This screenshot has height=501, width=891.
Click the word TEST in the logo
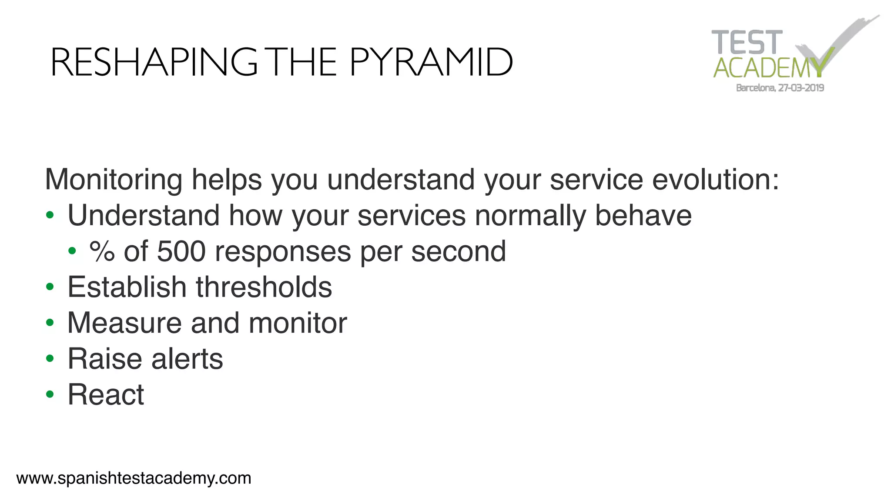pyautogui.click(x=747, y=43)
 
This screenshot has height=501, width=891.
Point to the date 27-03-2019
pyautogui.click(x=801, y=88)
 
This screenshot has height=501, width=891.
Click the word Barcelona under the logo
pyautogui.click(x=756, y=88)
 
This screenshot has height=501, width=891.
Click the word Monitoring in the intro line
pyautogui.click(x=114, y=179)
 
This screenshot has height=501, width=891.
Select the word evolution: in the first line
pyautogui.click(x=715, y=179)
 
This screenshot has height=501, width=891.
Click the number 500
pyautogui.click(x=181, y=251)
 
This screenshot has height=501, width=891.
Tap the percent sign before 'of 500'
pyautogui.click(x=102, y=251)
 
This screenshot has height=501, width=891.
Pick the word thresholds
pyautogui.click(x=264, y=287)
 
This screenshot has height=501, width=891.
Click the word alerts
pyautogui.click(x=187, y=359)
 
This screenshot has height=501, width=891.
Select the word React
pyautogui.click(x=106, y=394)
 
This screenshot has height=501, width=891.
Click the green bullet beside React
pyautogui.click(x=50, y=394)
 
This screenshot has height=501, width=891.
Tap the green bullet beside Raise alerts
pyautogui.click(x=50, y=359)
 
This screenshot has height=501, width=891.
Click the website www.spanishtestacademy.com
pyautogui.click(x=134, y=478)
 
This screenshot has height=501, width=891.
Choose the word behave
pyautogui.click(x=643, y=215)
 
